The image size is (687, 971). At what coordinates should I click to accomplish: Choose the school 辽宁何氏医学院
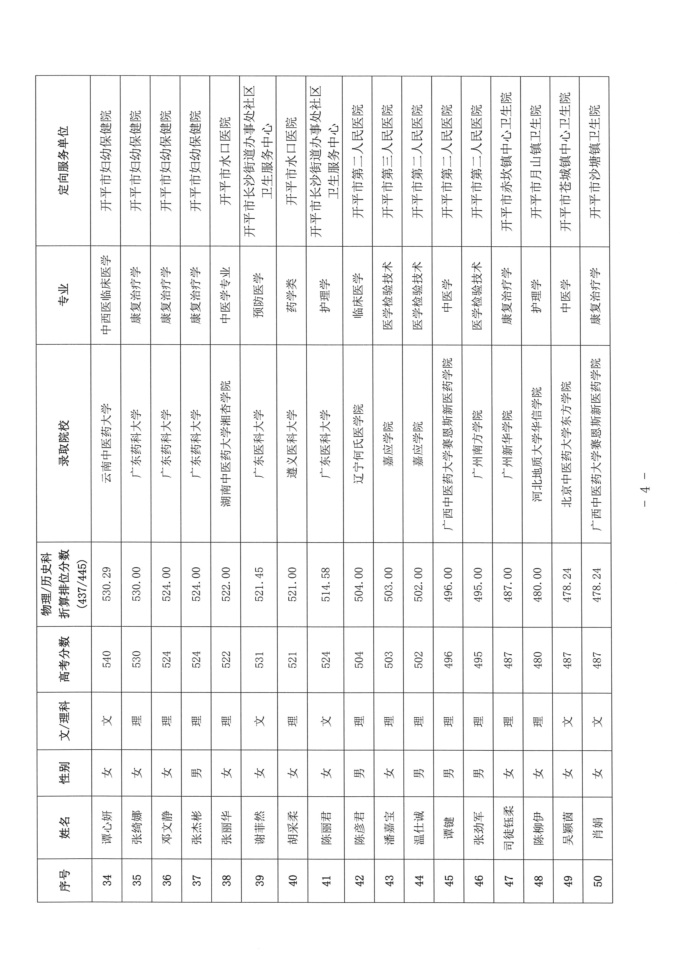(359, 444)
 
